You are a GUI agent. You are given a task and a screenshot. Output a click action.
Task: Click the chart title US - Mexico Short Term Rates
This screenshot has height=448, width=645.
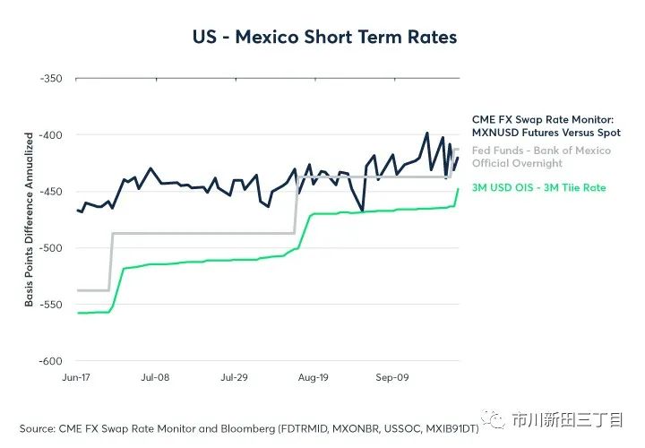tap(324, 38)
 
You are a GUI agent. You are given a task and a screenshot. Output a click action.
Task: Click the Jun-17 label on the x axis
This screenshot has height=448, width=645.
tap(77, 378)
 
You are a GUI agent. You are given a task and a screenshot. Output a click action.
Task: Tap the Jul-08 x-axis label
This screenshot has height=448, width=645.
tap(155, 378)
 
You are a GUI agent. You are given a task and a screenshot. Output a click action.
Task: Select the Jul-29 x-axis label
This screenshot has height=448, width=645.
tap(234, 378)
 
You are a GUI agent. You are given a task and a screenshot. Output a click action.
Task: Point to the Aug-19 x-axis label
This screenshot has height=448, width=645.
tap(313, 378)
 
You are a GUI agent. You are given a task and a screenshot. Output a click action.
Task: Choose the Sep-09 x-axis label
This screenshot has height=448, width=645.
tap(391, 378)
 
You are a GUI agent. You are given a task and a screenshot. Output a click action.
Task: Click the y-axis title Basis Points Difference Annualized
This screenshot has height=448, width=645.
tap(29, 220)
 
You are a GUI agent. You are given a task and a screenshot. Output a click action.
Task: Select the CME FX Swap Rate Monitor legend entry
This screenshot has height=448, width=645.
tap(546, 125)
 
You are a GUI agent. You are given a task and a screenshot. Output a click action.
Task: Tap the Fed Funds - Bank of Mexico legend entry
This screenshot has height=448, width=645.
tap(541, 157)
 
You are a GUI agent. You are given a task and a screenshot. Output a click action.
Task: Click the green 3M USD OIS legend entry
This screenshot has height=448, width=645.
tap(539, 188)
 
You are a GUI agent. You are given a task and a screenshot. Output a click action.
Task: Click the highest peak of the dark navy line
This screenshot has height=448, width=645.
tap(427, 133)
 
